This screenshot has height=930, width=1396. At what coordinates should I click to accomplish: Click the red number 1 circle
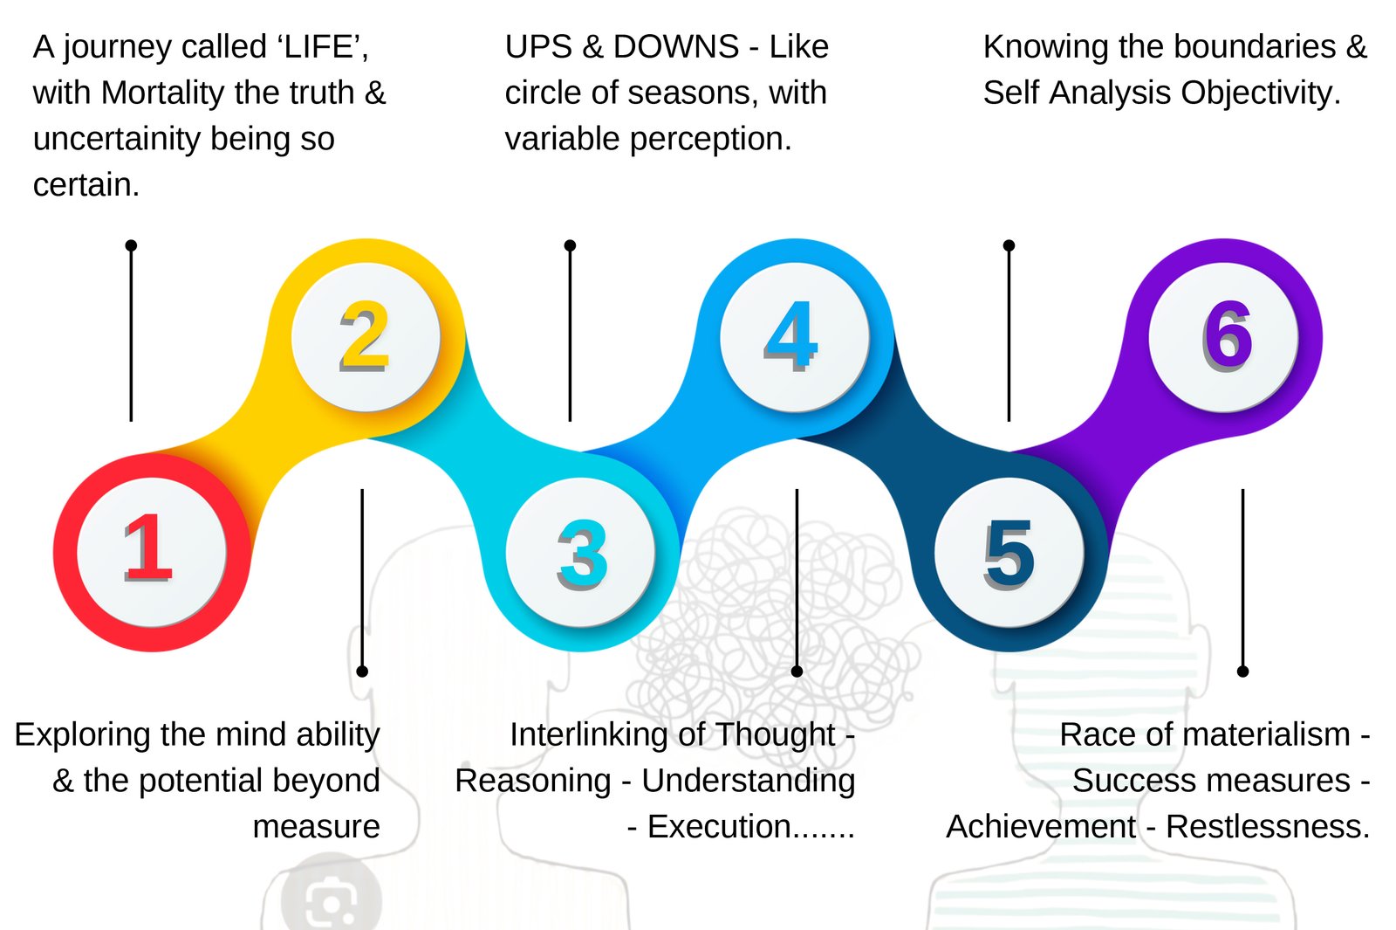tap(152, 552)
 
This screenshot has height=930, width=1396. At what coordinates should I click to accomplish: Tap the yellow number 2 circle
tap(366, 337)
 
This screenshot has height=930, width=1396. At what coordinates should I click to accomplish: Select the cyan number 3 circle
tap(581, 552)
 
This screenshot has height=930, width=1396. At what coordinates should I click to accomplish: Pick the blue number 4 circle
tap(794, 337)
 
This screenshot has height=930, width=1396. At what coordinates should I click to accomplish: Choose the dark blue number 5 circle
tap(1009, 552)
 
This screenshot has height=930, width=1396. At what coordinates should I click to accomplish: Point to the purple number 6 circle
tap(1224, 337)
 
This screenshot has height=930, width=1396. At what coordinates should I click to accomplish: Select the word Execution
tap(719, 827)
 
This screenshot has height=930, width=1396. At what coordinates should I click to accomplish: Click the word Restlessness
tap(1267, 827)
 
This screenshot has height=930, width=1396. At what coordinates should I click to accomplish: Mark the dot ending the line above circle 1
tap(131, 245)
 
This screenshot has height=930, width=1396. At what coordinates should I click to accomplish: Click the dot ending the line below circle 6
tap(1242, 671)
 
